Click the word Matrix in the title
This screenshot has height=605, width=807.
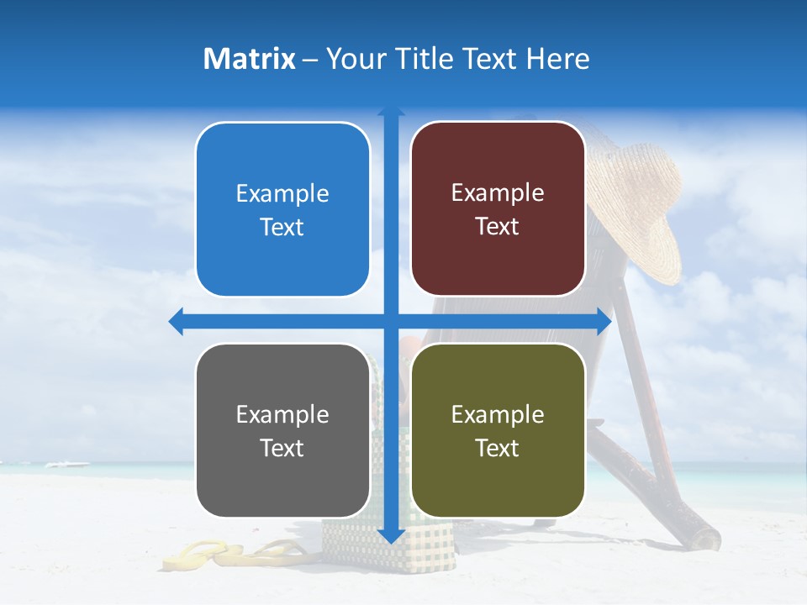pyautogui.click(x=250, y=59)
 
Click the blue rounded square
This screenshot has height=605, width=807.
pyautogui.click(x=282, y=210)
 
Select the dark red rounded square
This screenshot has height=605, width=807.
pyautogui.click(x=498, y=209)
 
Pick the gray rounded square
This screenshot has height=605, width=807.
pyautogui.click(x=282, y=431)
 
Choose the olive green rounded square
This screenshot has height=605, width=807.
pyautogui.click(x=498, y=431)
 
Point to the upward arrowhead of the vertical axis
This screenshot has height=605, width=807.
pyautogui.click(x=391, y=112)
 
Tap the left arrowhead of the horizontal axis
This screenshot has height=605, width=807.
pyautogui.click(x=176, y=321)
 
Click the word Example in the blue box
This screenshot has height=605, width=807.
pyautogui.click(x=282, y=194)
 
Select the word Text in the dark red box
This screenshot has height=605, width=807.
pyautogui.click(x=498, y=227)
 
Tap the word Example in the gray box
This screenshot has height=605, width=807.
pyautogui.click(x=282, y=415)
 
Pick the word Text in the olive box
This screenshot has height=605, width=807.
pyautogui.click(x=498, y=449)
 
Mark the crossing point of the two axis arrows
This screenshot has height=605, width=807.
pyautogui.click(x=391, y=321)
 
